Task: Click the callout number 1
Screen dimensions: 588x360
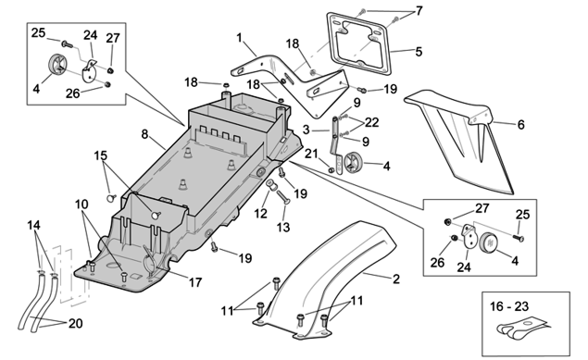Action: (240, 38)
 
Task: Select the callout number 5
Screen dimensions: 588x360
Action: (419, 51)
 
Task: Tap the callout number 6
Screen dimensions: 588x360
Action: (521, 124)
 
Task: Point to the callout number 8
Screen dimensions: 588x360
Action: (144, 134)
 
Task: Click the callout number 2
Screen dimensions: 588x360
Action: (396, 279)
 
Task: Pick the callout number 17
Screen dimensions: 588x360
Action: (195, 282)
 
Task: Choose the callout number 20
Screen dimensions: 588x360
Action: (75, 323)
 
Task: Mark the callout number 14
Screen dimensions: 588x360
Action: (33, 225)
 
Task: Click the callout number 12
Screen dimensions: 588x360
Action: (260, 214)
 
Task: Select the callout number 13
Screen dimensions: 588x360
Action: (283, 227)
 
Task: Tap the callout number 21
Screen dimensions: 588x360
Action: (311, 154)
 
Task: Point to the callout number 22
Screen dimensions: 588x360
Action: (371, 122)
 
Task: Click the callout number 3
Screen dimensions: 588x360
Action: (307, 130)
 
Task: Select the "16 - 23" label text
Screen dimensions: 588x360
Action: (509, 306)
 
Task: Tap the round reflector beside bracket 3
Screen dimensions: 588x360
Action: (352, 163)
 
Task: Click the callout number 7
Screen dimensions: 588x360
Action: (419, 11)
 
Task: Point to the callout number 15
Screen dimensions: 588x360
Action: (101, 155)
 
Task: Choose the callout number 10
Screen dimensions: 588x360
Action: (81, 205)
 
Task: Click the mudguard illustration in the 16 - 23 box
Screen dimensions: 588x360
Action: (521, 329)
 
